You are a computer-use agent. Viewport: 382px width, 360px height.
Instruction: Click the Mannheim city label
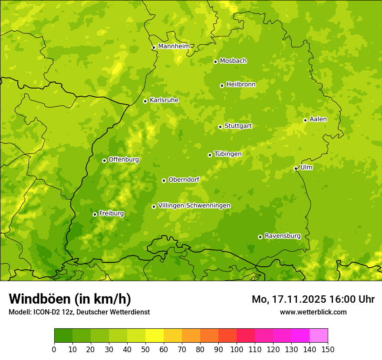coord(174,46)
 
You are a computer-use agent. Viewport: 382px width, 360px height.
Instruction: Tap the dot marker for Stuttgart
coord(220,127)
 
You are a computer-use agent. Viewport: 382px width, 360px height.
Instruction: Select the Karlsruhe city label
coord(164,100)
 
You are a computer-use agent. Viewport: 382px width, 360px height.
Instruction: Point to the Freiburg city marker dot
coord(95,214)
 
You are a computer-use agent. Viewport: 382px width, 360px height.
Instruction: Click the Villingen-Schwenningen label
coord(194,206)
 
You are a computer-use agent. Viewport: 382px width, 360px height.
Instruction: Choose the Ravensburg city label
coord(282,236)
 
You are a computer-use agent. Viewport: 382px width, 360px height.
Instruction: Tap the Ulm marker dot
coord(296,169)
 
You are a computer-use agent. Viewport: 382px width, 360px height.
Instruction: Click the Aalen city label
coord(318,119)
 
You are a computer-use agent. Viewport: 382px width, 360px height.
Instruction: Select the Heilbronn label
coord(240,85)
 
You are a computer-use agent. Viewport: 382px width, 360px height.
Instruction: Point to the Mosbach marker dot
coord(215,62)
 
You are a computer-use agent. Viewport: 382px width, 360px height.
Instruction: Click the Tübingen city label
coord(227,154)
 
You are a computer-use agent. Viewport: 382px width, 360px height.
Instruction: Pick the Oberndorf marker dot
coord(164,180)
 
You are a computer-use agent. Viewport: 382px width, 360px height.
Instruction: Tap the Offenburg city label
coord(123,160)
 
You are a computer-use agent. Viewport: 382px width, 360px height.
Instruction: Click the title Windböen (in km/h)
coord(69,299)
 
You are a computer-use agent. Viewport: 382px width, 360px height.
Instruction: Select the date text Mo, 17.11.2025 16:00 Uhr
coord(313,299)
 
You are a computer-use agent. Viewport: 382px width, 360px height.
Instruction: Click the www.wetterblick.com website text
coord(313,312)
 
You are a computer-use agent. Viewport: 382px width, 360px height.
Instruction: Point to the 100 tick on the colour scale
coord(237,350)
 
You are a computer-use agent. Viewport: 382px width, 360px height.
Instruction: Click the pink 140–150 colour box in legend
coord(319,336)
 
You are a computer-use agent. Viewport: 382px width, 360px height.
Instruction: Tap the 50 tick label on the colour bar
coord(145,350)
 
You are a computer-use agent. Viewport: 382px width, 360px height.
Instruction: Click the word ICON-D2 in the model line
coord(45,312)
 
